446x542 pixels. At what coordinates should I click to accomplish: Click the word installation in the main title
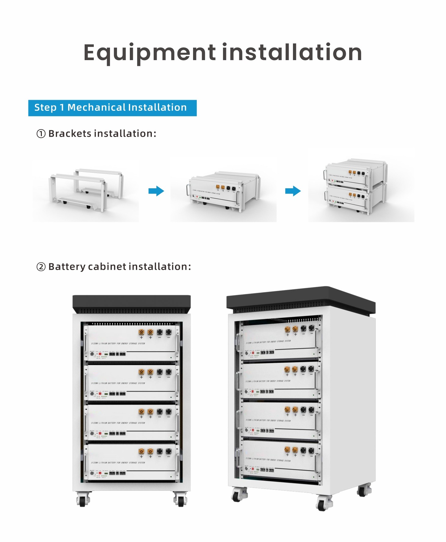[292, 52]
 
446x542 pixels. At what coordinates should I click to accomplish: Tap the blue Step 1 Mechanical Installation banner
[112, 108]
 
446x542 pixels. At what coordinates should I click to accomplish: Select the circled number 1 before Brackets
[41, 134]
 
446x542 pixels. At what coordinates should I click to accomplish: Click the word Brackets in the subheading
[70, 134]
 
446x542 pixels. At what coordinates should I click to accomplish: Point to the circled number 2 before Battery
[41, 267]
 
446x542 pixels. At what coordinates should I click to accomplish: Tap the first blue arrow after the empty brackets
[156, 191]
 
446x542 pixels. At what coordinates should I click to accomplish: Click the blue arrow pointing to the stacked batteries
[293, 191]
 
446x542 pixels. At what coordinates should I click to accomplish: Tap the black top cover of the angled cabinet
[301, 298]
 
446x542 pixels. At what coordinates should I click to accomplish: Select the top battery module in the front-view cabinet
[131, 343]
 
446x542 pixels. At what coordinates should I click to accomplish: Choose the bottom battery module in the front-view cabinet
[131, 462]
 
